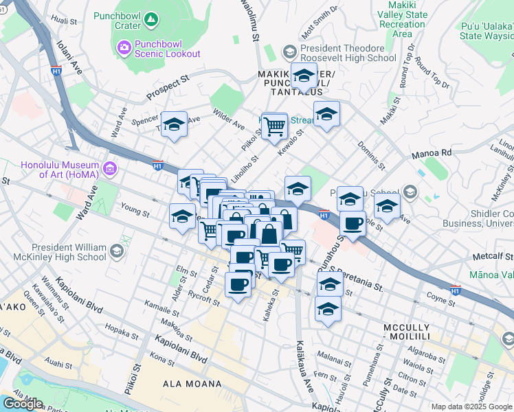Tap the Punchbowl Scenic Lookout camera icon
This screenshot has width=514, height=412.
[124, 47]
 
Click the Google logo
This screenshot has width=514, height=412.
[23, 404]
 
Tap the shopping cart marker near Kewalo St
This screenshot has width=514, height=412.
[274, 126]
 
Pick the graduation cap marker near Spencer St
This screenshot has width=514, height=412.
[174, 125]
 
